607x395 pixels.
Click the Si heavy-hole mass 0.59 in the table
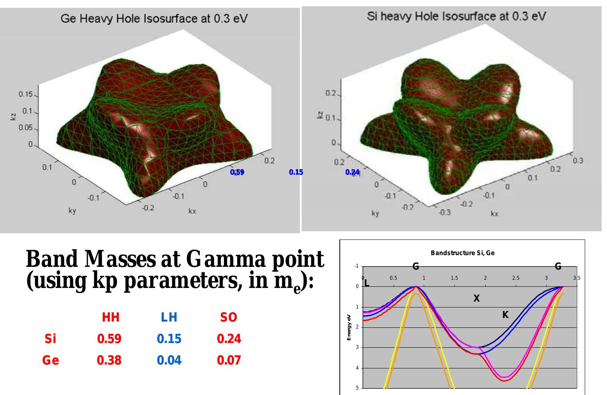click(109, 339)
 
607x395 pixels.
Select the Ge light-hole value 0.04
click(169, 360)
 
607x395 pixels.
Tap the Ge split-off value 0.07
click(229, 360)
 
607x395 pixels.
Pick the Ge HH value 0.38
click(109, 360)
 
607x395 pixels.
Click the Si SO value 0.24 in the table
click(229, 339)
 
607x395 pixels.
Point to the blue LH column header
click(169, 318)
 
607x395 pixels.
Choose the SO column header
click(229, 318)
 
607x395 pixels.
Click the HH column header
click(110, 318)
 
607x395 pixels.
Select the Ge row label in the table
click(51, 360)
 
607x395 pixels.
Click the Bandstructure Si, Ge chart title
click(462, 253)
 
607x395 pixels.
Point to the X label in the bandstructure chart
click(476, 299)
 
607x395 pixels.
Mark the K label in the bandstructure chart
click(505, 315)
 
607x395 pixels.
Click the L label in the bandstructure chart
click(366, 284)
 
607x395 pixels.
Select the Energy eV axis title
click(350, 327)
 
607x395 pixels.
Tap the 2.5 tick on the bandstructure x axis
click(516, 278)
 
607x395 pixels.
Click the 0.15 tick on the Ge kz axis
click(26, 94)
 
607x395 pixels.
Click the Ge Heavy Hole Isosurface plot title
click(154, 18)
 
